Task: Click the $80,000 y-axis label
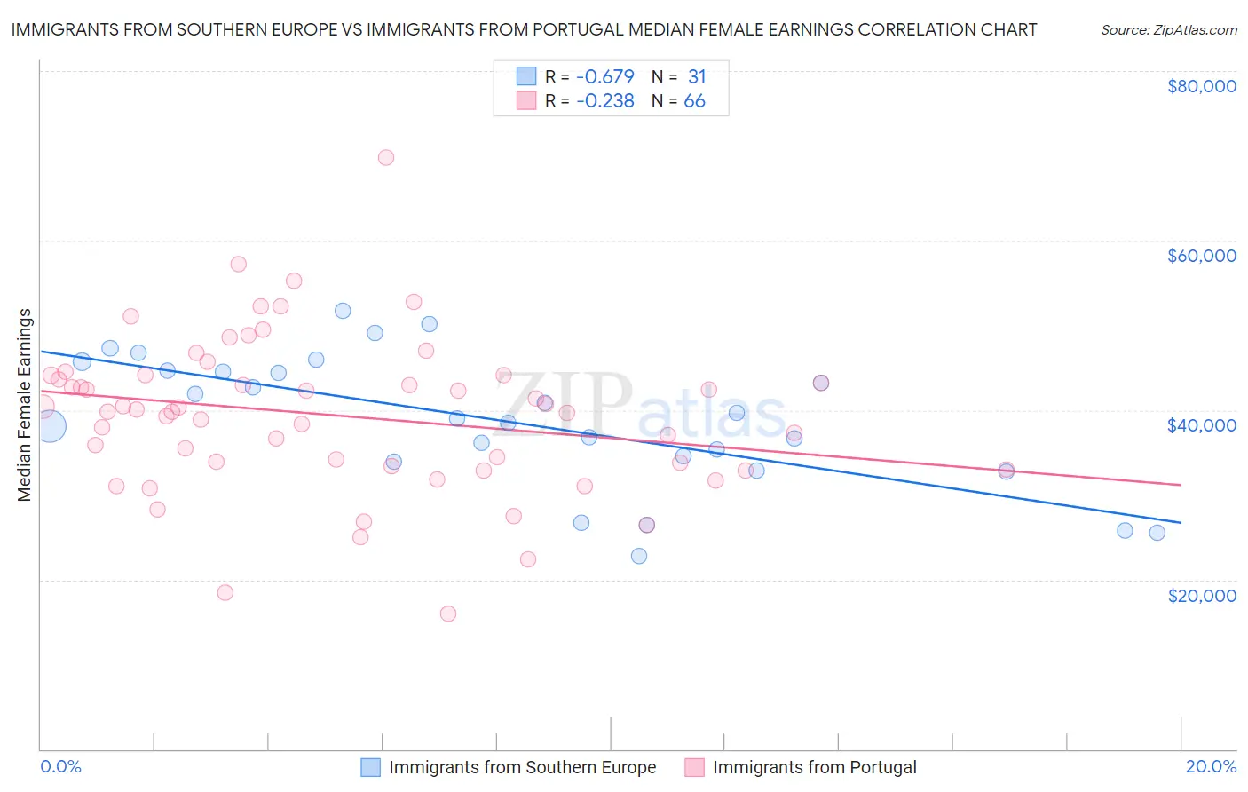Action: coord(1201,86)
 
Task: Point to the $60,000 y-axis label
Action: coord(1201,256)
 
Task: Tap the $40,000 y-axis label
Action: coord(1201,425)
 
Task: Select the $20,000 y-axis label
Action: coord(1201,595)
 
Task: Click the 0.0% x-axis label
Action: coord(60,766)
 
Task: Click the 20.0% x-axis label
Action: coord(1211,766)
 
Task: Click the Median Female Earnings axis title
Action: coord(25,405)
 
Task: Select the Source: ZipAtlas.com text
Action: coord(1168,30)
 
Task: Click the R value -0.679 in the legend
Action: coord(604,77)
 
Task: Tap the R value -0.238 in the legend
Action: coord(604,101)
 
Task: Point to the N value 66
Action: coord(694,101)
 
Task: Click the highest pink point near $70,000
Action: coord(385,158)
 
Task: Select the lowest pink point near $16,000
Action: coord(448,614)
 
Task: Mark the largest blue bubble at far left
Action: coord(50,426)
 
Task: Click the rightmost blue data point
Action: coord(1157,533)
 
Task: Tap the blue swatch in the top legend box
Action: coord(526,77)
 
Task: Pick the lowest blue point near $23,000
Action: coord(639,556)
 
